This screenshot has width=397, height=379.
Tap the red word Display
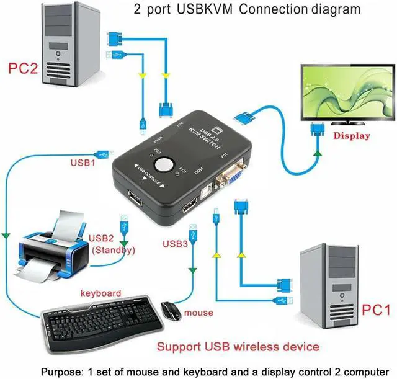[x=352, y=135]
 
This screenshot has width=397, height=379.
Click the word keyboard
[x=101, y=293]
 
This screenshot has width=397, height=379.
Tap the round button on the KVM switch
[x=164, y=165]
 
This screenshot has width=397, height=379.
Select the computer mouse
[x=171, y=309]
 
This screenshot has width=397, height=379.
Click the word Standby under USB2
[x=113, y=251]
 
